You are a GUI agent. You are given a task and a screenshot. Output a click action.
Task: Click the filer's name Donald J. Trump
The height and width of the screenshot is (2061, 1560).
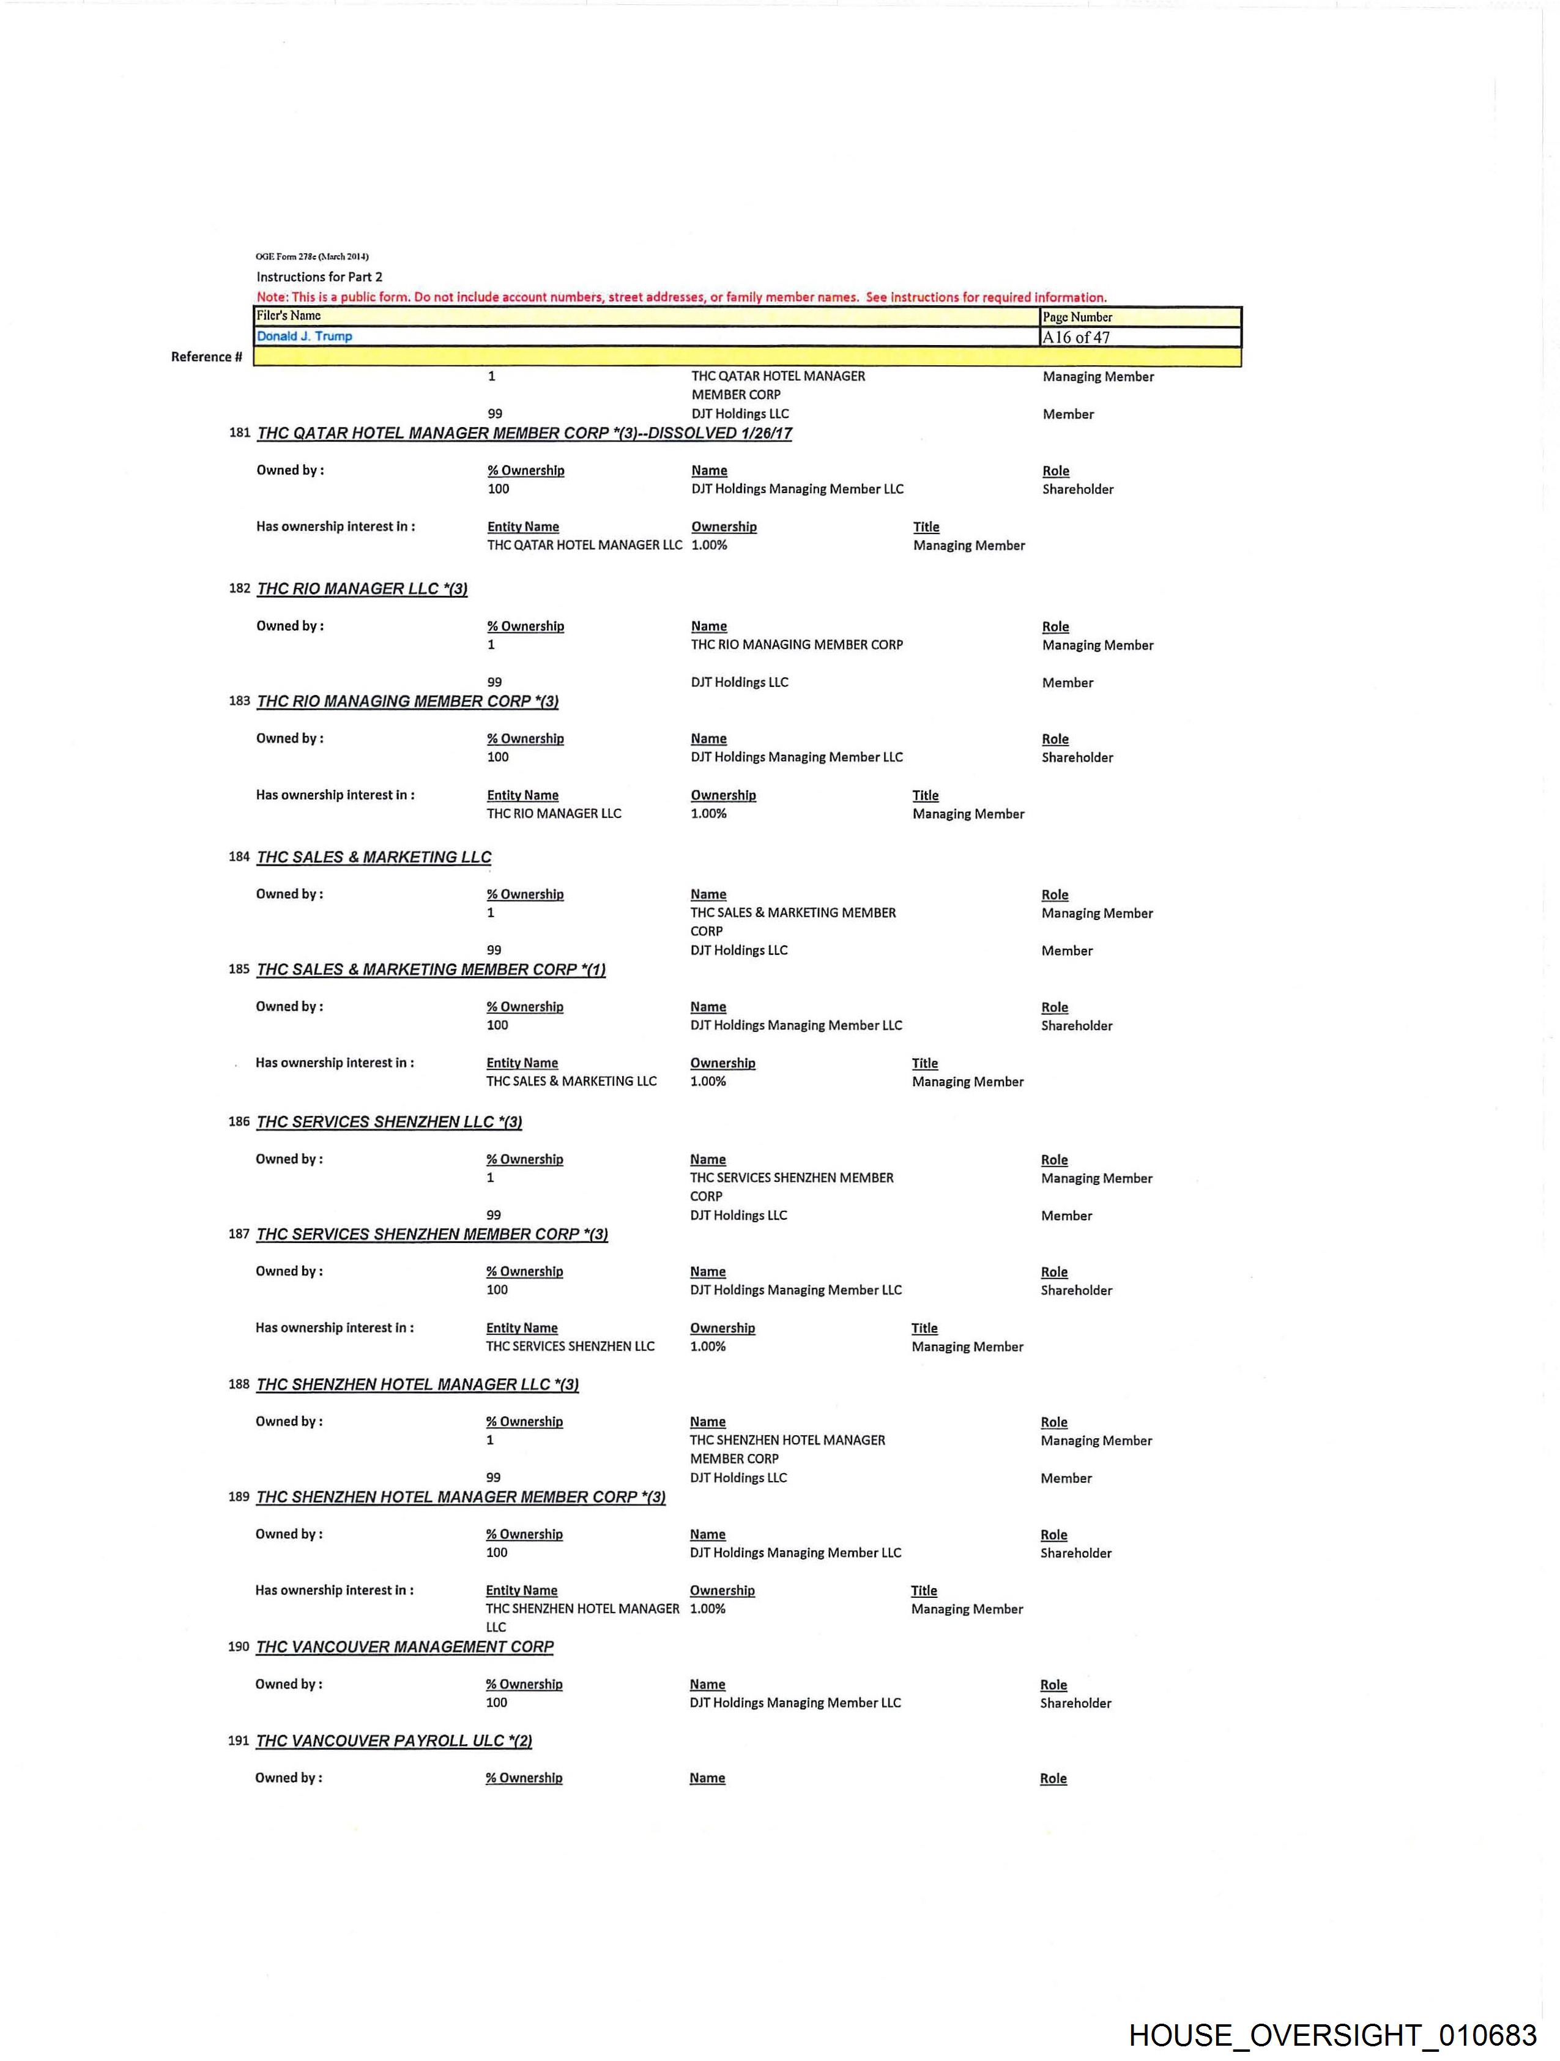[x=305, y=336]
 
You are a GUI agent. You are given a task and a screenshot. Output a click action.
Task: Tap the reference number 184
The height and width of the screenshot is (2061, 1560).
[x=239, y=856]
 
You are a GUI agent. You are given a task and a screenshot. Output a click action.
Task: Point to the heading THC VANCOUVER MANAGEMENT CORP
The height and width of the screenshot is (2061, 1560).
[x=404, y=1646]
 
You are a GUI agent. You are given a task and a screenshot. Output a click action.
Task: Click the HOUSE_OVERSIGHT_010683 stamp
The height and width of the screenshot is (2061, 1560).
[x=1332, y=2034]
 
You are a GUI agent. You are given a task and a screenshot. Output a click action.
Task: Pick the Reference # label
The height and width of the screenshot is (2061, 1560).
[x=206, y=357]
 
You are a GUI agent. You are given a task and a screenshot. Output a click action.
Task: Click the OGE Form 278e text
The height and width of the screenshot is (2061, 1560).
[x=312, y=256]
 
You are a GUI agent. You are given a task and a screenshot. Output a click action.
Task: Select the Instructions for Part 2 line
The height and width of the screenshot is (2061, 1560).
[x=319, y=277]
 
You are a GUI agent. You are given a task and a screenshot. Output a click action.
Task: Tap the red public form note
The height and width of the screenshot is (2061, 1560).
[x=682, y=297]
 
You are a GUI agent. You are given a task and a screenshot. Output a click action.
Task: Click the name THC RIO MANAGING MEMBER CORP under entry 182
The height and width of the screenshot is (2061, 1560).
[x=797, y=645]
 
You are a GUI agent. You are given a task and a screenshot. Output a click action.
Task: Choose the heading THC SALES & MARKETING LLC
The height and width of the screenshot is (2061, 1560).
[x=374, y=857]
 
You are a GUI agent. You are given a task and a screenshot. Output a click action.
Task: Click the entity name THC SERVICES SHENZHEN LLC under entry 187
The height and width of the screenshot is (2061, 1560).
[x=570, y=1346]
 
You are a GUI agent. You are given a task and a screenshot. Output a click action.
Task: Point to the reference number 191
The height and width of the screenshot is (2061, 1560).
[x=239, y=1740]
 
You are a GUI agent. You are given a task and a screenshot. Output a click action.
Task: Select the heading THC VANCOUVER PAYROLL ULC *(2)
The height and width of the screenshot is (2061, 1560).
[x=393, y=1740]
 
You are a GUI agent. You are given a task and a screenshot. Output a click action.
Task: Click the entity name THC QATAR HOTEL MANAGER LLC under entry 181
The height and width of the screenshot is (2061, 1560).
[x=584, y=545]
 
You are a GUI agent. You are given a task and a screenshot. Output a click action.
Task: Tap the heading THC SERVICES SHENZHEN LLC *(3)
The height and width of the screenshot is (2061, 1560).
[x=388, y=1122]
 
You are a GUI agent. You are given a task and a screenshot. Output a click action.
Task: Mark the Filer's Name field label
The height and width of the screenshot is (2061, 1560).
[x=289, y=316]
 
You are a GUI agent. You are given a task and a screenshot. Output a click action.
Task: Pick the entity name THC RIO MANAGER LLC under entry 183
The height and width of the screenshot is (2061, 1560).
[x=554, y=814]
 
